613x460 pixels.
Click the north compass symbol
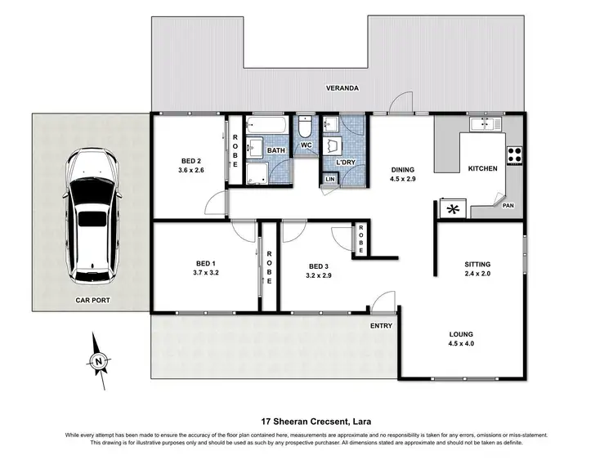pyautogui.click(x=98, y=360)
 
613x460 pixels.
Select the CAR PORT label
pyautogui.click(x=92, y=301)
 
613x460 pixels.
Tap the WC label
pyautogui.click(x=306, y=145)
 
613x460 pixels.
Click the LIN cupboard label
pyautogui.click(x=330, y=179)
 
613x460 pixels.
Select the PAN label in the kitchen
pyautogui.click(x=508, y=207)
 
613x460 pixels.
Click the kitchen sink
pyautogui.click(x=485, y=125)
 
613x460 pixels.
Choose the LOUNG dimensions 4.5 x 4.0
pyautogui.click(x=462, y=344)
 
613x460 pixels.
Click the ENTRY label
pyautogui.click(x=381, y=326)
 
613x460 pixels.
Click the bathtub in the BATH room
pyautogui.click(x=266, y=129)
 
